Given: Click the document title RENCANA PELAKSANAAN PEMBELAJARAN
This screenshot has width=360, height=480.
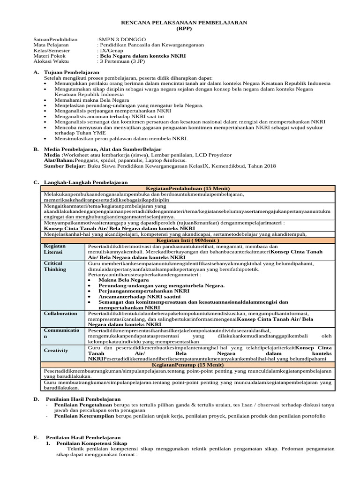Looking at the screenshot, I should click(184, 22).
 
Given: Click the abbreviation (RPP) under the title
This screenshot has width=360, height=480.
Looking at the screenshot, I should click(184, 28).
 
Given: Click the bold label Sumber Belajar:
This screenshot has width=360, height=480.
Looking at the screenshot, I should click(65, 165).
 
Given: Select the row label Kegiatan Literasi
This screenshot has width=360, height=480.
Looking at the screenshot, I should click(55, 249).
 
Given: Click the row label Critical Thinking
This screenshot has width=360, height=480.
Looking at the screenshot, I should click(55, 266).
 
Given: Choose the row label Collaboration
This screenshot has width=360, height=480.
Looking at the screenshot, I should click(60, 313).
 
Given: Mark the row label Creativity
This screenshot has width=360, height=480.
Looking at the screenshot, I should click(56, 350).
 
